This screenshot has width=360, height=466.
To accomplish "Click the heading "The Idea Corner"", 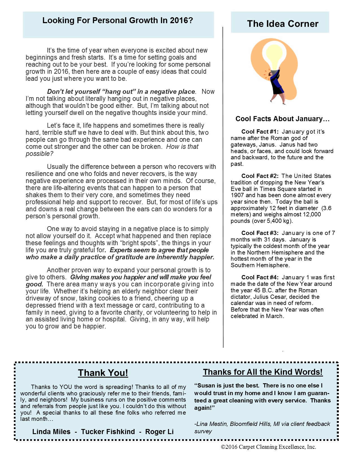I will point(283,24).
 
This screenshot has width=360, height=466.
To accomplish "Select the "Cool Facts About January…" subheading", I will point(283,119).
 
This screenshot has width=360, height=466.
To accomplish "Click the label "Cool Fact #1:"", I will point(260,132).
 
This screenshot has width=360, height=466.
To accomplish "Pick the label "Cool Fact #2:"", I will point(260,176).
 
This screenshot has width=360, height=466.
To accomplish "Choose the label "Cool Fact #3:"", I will point(260,233).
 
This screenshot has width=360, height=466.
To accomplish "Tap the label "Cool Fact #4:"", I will point(260,277).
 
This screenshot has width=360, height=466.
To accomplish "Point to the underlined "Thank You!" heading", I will point(103,373).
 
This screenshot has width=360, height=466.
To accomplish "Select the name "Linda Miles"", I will point(51,432).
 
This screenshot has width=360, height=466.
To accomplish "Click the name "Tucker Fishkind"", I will point(108,432).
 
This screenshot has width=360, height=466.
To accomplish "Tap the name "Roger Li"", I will point(159,432).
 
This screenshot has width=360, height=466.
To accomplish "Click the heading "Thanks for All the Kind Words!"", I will point(263,372).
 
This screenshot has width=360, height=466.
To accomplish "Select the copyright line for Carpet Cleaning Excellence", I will point(269,447).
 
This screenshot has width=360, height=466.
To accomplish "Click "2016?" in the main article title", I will point(181,20).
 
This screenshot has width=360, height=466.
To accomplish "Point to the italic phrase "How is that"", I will point(182,147).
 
